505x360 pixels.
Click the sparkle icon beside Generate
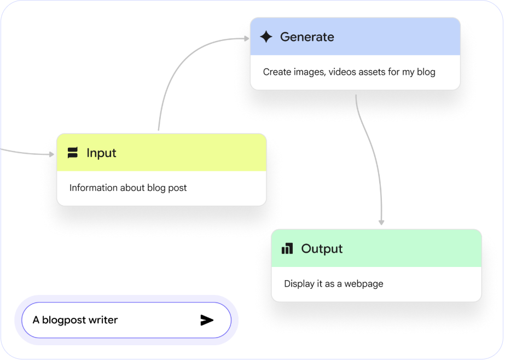click(x=266, y=37)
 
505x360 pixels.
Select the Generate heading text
click(x=307, y=37)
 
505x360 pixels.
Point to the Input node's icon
click(x=73, y=153)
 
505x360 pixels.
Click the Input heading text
click(x=101, y=153)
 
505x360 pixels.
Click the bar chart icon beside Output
click(x=287, y=249)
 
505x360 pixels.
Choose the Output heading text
click(x=322, y=249)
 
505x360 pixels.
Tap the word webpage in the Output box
click(x=364, y=284)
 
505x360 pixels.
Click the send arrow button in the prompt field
click(x=206, y=320)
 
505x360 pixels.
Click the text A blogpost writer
click(x=75, y=320)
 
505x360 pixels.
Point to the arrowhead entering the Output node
click(x=381, y=222)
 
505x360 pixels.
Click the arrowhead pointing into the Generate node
click(x=246, y=38)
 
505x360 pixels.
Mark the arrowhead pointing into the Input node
click(x=52, y=154)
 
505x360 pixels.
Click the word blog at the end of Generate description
click(x=426, y=72)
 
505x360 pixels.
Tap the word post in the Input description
click(x=177, y=188)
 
